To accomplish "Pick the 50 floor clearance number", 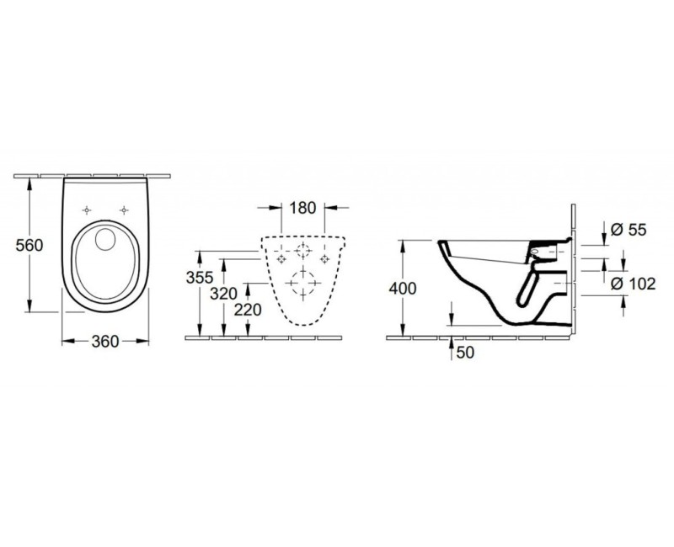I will [x=464, y=353].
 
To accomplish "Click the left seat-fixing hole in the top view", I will [x=88, y=210].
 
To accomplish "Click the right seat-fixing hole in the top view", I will [x=125, y=210].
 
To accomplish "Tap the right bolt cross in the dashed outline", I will [x=324, y=258].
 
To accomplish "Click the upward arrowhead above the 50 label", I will [x=453, y=340].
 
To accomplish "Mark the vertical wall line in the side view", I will [x=574, y=269].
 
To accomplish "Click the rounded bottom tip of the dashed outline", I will [x=301, y=326].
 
